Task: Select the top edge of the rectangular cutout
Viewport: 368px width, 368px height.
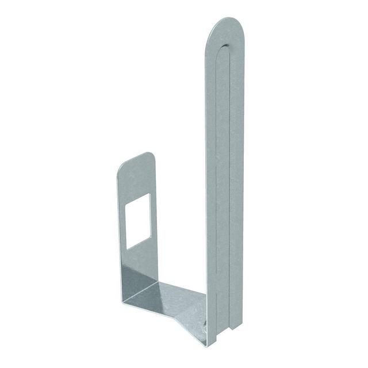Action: (139, 199)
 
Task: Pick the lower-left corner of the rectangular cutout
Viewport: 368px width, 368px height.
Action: (127, 248)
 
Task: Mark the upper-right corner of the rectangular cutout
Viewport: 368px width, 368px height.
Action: (149, 194)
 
